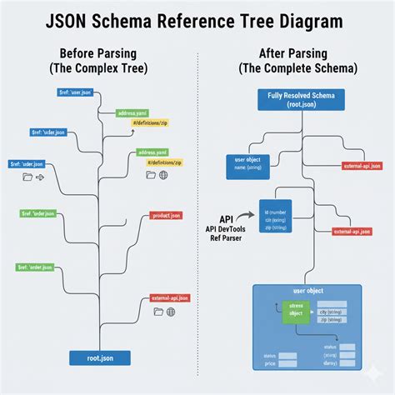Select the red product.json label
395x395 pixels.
point(166,215)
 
